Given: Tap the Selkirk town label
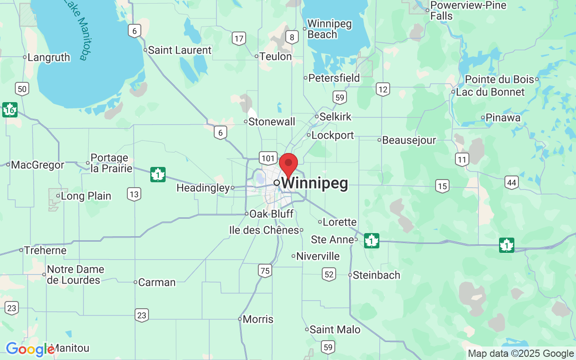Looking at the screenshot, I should tap(335, 117).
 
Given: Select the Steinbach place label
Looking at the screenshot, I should tap(376, 275).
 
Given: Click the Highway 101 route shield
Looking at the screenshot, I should tap(268, 158).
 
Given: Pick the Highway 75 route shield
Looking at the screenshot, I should tap(265, 270).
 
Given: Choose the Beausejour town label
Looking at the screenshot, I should tap(409, 140).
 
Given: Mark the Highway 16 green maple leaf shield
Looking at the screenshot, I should tap(9, 109).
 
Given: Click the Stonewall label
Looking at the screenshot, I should tap(272, 121).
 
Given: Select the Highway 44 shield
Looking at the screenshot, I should tap(511, 182).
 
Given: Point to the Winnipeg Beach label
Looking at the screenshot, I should tap(329, 29).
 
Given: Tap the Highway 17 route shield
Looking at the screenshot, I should tap(239, 39).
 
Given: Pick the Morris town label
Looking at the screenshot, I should tap(258, 319).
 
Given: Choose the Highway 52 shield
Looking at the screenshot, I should tap(329, 274).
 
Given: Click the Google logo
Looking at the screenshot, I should tap(30, 349).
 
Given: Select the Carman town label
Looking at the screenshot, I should tap(157, 282).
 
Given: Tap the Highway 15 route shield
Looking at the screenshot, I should tap(442, 185).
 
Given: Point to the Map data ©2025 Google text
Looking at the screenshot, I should tap(521, 354).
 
